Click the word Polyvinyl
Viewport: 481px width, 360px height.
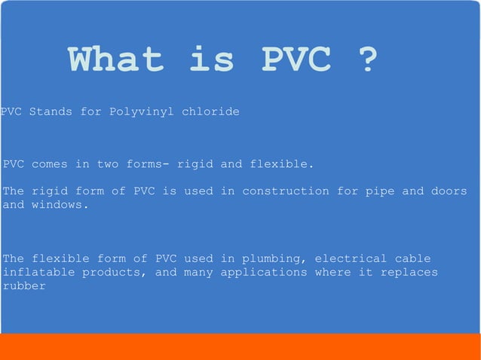coord(141,111)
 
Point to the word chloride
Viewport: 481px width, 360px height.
coord(210,111)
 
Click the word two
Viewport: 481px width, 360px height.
coord(108,163)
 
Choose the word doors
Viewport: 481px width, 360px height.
coord(449,191)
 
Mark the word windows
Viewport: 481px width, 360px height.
coord(60,204)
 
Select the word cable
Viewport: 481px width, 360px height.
coord(413,258)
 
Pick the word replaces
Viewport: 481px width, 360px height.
coord(409,272)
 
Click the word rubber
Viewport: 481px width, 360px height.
coord(24,285)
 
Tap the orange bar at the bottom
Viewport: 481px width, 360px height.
coord(240,346)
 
